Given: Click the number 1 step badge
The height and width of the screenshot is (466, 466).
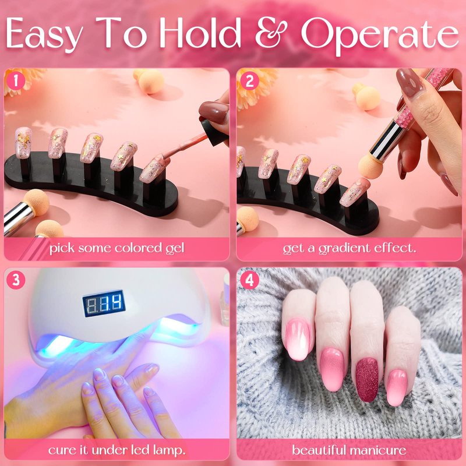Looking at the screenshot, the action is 16,80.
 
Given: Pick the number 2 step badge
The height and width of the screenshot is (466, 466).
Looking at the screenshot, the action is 249,80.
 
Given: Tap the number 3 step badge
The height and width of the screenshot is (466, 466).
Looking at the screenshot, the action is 16,280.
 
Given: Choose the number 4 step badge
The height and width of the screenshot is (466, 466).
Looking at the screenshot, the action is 249,280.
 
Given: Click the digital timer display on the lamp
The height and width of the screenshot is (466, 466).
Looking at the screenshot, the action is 104,303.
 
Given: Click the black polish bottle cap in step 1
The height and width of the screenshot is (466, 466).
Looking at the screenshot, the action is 214,133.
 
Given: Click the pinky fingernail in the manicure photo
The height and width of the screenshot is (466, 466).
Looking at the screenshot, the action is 397,387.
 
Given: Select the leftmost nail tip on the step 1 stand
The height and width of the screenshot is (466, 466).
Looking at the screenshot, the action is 23,143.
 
